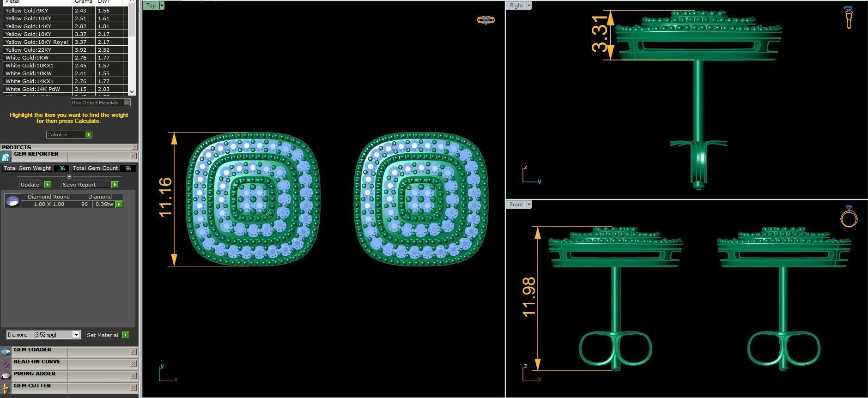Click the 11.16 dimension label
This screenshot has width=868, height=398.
point(165,197)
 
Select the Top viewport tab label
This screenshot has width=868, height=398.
point(151,6)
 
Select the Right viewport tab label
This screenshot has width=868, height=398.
point(516,6)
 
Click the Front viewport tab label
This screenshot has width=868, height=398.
point(516,205)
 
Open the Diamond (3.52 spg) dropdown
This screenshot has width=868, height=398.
point(43,335)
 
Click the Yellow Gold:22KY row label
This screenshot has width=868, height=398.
point(28,50)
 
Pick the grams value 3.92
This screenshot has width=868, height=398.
point(80,50)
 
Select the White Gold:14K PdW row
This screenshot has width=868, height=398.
point(32,89)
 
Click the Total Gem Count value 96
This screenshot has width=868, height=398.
point(127,168)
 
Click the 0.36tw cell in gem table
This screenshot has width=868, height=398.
point(104,204)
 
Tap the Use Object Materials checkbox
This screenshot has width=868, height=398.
point(127,103)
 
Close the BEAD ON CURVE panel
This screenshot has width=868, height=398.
point(133,364)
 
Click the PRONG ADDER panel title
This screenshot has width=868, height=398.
point(35,374)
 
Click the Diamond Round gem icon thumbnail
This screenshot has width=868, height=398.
point(12,200)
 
